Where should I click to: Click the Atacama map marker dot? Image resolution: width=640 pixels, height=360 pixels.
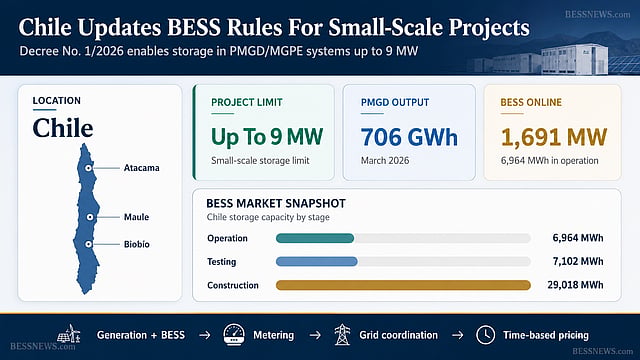(x=88, y=168)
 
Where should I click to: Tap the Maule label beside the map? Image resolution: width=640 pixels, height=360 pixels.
(x=136, y=217)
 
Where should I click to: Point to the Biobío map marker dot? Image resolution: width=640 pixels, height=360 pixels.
(x=89, y=244)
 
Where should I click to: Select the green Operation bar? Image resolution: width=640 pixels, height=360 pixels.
(x=315, y=238)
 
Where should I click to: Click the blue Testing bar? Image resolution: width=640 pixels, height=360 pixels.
(x=317, y=261)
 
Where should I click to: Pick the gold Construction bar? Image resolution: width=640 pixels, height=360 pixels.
(x=403, y=285)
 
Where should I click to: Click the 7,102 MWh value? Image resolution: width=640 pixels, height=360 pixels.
(x=578, y=261)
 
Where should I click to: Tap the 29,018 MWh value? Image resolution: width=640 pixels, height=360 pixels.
(x=575, y=285)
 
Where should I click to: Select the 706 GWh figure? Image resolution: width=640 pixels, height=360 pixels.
(x=409, y=137)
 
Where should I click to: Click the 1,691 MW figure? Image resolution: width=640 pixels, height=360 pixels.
(x=554, y=137)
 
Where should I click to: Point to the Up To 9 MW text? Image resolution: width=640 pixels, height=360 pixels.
(x=267, y=137)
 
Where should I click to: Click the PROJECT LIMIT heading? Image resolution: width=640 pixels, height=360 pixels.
(x=247, y=102)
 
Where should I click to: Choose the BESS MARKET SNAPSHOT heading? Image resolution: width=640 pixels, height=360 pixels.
(x=276, y=203)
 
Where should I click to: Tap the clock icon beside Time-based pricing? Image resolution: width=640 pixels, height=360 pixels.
(x=485, y=335)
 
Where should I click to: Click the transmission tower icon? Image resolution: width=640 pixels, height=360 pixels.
(x=342, y=335)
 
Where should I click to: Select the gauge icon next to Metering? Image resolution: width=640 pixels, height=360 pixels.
(x=234, y=335)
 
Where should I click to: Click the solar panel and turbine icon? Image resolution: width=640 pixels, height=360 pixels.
(x=69, y=334)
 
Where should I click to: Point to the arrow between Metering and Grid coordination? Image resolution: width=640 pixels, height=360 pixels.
(x=315, y=336)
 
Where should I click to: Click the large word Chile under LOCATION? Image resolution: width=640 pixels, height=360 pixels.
(x=63, y=128)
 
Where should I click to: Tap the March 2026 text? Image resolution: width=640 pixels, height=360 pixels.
(x=385, y=161)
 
